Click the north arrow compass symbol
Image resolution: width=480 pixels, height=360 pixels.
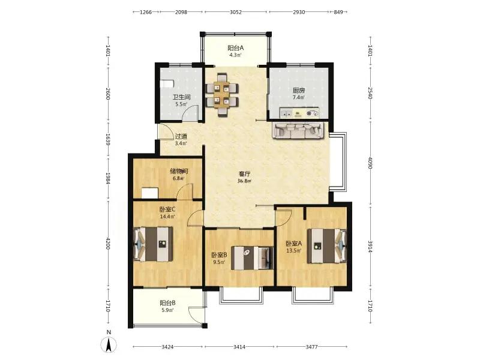click(109, 344)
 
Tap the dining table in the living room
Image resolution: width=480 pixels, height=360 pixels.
click(222, 95)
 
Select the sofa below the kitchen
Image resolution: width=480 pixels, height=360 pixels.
click(298, 131)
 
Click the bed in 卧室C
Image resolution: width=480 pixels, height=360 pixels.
click(153, 244)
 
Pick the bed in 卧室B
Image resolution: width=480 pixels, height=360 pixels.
click(252, 258)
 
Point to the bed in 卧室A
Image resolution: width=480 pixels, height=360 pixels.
click(327, 246)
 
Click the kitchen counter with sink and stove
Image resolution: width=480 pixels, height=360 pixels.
click(299, 113)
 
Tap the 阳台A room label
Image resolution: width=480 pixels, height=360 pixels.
click(235, 48)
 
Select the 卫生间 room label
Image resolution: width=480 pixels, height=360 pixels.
click(182, 97)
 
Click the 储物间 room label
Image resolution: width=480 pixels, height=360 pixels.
click(179, 171)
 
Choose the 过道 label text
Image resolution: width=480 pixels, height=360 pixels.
click(181, 137)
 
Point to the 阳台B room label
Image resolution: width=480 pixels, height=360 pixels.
click(167, 303)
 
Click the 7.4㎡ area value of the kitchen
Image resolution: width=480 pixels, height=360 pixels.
click(298, 98)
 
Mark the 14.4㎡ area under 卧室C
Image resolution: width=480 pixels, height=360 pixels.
click(167, 217)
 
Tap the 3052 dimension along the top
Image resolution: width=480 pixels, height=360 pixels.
click(236, 12)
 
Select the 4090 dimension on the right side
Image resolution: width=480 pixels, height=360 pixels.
click(370, 163)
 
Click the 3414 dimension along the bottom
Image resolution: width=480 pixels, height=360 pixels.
click(239, 347)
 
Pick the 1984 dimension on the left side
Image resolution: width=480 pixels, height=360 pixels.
click(108, 178)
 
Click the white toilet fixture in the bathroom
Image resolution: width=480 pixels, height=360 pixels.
click(167, 84)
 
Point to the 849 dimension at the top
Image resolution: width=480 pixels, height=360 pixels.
click(338, 12)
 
